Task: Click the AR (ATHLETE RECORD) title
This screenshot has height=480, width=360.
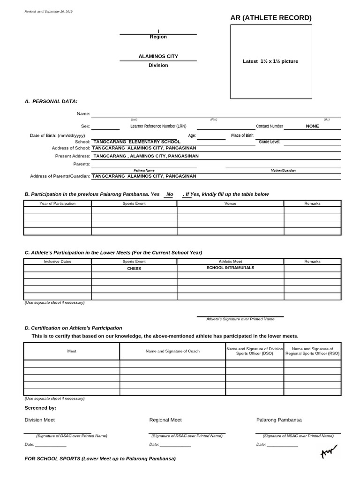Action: [271, 18]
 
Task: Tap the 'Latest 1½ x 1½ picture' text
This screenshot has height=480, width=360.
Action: [270, 61]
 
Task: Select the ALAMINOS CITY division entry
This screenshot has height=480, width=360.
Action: [158, 56]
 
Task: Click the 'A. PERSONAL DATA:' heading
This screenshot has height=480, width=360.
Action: [51, 101]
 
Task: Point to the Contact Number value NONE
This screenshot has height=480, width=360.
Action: [312, 126]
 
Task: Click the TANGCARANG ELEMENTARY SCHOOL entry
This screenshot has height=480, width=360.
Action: [137, 142]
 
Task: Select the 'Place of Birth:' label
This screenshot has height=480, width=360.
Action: [243, 135]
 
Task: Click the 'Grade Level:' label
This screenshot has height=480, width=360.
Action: [270, 142]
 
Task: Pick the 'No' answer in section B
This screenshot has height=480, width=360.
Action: [170, 194]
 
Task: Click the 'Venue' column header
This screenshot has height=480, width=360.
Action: [230, 203]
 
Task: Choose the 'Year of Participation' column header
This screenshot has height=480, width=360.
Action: [58, 203]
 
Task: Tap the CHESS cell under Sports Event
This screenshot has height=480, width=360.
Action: [134, 269]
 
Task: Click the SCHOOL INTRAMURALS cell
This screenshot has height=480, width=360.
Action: [230, 268]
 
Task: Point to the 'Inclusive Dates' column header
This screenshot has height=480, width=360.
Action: [58, 262]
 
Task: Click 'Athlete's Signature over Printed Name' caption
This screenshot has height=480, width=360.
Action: [240, 319]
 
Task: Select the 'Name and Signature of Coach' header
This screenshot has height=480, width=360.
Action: [172, 351]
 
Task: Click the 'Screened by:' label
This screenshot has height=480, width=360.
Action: [40, 408]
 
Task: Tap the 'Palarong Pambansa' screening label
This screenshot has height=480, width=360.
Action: [279, 420]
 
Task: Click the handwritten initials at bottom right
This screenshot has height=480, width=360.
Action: [329, 452]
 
